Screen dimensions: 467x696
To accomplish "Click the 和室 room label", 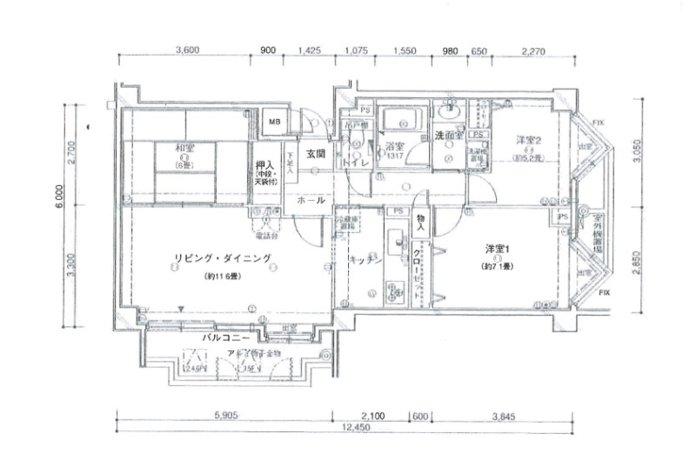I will coord(184,147).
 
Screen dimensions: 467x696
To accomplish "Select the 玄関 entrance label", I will coord(315,154).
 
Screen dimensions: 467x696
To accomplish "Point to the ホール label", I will coord(311,200).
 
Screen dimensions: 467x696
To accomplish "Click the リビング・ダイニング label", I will coord(223,257).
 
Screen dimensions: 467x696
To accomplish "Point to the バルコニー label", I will coord(227,336).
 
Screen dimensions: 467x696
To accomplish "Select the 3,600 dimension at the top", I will coord(188,50).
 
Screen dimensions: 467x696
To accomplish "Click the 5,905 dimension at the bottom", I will coord(227,415).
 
